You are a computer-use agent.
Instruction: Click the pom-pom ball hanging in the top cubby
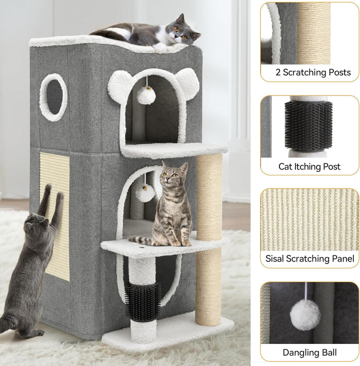tap(146, 95)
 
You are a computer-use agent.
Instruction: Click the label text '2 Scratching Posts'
tap(312, 72)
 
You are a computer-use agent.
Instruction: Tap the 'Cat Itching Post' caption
tap(309, 166)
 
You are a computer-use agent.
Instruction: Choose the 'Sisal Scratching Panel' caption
tap(310, 258)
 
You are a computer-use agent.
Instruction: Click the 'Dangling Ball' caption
tap(309, 352)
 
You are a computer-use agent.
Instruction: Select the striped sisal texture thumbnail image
tap(309, 220)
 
